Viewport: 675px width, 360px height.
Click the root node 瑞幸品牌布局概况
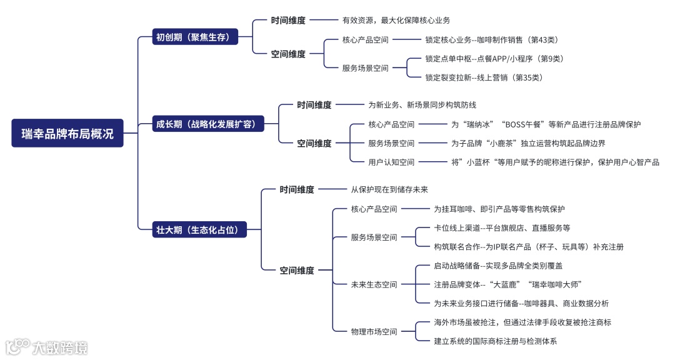67,133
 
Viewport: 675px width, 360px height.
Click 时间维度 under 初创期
288,21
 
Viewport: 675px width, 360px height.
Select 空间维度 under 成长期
314,143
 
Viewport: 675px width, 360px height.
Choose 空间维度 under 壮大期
297,271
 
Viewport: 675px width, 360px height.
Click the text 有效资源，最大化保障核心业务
396,21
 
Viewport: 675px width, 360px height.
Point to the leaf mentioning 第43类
491,40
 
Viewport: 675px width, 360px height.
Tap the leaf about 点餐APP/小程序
494,59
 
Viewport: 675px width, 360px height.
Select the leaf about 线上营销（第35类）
484,77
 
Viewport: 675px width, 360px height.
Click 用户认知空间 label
391,162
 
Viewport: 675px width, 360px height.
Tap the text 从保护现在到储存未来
389,189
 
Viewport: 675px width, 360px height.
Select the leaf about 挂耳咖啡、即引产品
499,209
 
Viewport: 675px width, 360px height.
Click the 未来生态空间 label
374,284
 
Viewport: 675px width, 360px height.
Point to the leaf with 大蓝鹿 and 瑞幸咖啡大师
508,284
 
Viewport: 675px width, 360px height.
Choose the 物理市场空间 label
374,332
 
